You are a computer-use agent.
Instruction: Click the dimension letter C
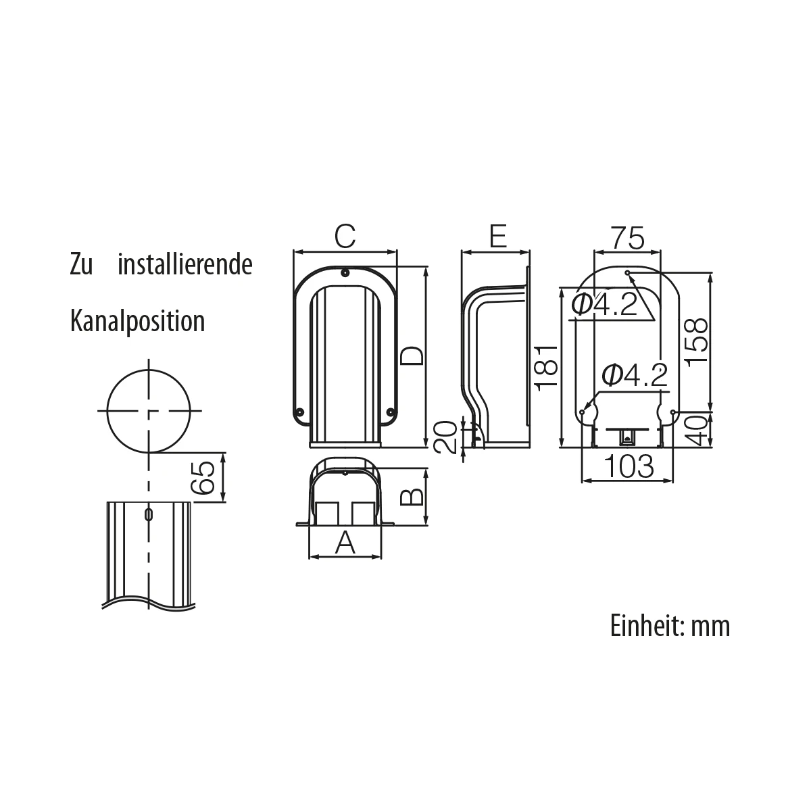pyautogui.click(x=345, y=237)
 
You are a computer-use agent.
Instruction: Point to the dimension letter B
pyautogui.click(x=412, y=497)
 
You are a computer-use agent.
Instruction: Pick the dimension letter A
pyautogui.click(x=345, y=542)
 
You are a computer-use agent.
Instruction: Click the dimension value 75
pyautogui.click(x=627, y=237)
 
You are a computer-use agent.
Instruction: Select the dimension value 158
pyautogui.click(x=697, y=342)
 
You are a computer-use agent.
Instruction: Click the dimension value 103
pyautogui.click(x=629, y=466)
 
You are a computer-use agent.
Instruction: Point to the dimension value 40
pyautogui.click(x=697, y=430)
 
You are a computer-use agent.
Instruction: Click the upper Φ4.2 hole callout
pyautogui.click(x=604, y=305)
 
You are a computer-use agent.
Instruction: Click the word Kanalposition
pyautogui.click(x=137, y=321)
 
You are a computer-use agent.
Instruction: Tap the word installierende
pyautogui.click(x=185, y=265)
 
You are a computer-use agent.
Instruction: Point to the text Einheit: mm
pyautogui.click(x=670, y=626)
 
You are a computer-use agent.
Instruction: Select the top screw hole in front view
pyautogui.click(x=345, y=273)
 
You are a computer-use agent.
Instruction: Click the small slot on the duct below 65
pyautogui.click(x=149, y=514)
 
